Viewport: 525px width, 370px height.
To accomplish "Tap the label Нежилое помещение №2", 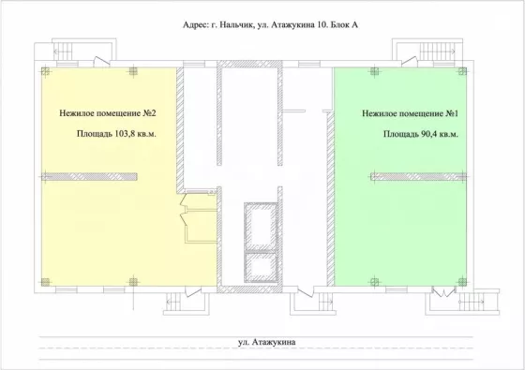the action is point(108,113).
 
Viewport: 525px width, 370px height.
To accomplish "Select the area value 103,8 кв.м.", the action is point(135,134).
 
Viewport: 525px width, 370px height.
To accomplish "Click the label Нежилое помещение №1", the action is point(411,113).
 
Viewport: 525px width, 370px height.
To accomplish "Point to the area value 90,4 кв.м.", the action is point(440,134).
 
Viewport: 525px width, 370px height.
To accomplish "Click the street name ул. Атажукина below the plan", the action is point(267,342).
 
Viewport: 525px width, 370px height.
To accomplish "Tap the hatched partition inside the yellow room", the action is point(89,177).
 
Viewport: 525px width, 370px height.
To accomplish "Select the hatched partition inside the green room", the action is point(418,177).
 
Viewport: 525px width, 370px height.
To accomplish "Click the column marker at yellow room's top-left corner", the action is point(45,71).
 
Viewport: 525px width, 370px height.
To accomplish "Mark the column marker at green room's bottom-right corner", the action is point(462,282).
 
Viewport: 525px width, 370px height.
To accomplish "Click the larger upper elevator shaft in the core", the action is point(261,227).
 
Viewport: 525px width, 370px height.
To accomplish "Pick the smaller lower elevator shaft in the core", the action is point(261,267).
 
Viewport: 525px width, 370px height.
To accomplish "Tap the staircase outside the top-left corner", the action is point(63,52).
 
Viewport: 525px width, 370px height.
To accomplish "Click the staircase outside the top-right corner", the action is point(438,52).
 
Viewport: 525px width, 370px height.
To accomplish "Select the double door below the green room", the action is point(443,291).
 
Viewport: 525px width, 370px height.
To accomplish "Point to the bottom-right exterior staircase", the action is point(472,302).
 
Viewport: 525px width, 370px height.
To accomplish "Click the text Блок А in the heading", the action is point(344,24).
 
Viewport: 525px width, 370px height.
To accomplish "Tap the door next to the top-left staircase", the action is point(101,61).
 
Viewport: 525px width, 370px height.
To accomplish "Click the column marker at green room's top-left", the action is point(374,71).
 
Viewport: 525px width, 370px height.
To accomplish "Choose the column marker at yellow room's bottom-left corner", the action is point(45,282).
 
